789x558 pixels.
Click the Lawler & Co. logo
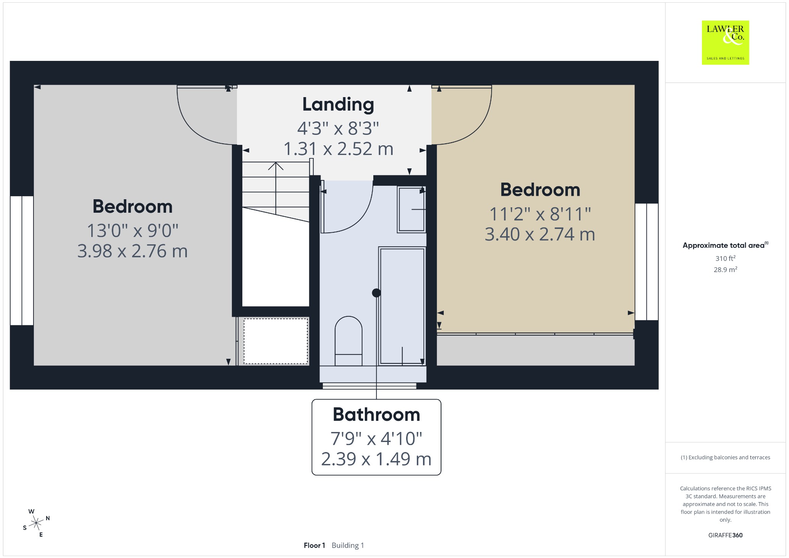(725, 42)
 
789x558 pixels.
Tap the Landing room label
(338, 104)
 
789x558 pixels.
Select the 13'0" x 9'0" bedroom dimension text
(133, 231)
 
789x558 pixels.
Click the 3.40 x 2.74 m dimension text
(540, 234)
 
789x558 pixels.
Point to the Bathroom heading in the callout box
(376, 415)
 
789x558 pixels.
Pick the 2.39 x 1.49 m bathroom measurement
(376, 459)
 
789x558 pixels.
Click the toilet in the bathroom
(348, 341)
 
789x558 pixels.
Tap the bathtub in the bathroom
(402, 306)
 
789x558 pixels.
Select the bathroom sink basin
(411, 209)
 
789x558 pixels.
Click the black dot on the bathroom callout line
(376, 293)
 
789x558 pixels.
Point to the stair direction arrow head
(276, 166)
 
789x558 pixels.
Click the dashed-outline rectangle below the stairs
(275, 341)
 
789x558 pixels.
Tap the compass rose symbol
(36, 523)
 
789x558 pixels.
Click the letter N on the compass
(48, 518)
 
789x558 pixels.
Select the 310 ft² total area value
(725, 258)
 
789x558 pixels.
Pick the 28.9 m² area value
(725, 269)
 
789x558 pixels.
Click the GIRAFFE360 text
(725, 535)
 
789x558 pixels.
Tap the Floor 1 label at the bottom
(314, 545)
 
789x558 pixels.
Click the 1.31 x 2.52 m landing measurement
(338, 149)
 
